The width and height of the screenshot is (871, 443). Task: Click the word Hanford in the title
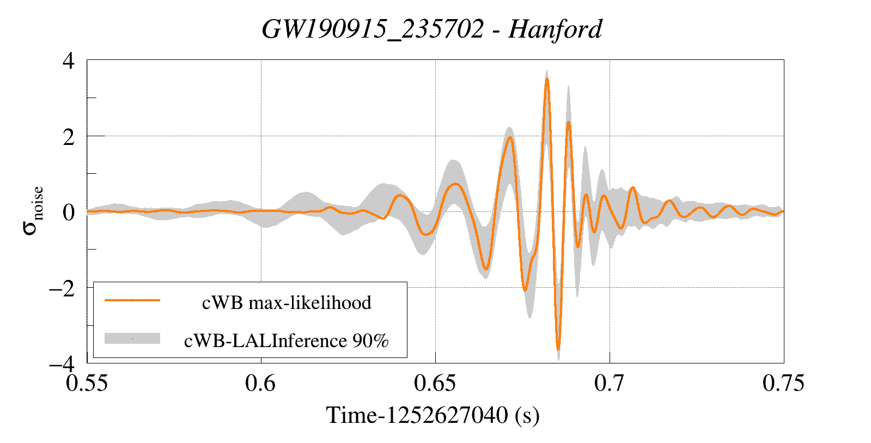pos(555,29)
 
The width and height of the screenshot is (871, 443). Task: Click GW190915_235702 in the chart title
pos(373,29)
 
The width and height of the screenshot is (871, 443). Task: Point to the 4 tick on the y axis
pos(69,60)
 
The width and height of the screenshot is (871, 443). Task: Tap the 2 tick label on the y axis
pos(69,137)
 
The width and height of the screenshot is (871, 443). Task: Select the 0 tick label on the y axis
pos(69,213)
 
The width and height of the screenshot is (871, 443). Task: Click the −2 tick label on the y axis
pos(62,288)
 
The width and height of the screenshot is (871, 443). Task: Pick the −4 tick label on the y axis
pos(62,363)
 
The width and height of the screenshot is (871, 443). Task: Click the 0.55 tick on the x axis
pos(87,383)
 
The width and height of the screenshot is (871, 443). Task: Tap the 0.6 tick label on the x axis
pos(261,383)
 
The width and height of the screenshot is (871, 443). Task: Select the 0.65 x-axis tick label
pos(435,383)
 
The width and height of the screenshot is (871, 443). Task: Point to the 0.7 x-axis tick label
pos(610,383)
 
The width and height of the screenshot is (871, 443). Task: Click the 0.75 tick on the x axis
pos(783,383)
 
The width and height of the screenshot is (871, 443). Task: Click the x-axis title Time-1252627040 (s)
pos(433,415)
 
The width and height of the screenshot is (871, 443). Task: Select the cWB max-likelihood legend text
pos(287,302)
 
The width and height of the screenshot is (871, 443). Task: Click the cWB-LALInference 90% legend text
pos(287,341)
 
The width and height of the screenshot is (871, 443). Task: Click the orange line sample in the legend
pos(132,300)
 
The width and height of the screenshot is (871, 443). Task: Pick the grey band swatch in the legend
pos(132,338)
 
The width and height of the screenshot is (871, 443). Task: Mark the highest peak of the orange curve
pos(547,79)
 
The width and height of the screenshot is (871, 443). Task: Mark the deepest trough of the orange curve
pos(558,349)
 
